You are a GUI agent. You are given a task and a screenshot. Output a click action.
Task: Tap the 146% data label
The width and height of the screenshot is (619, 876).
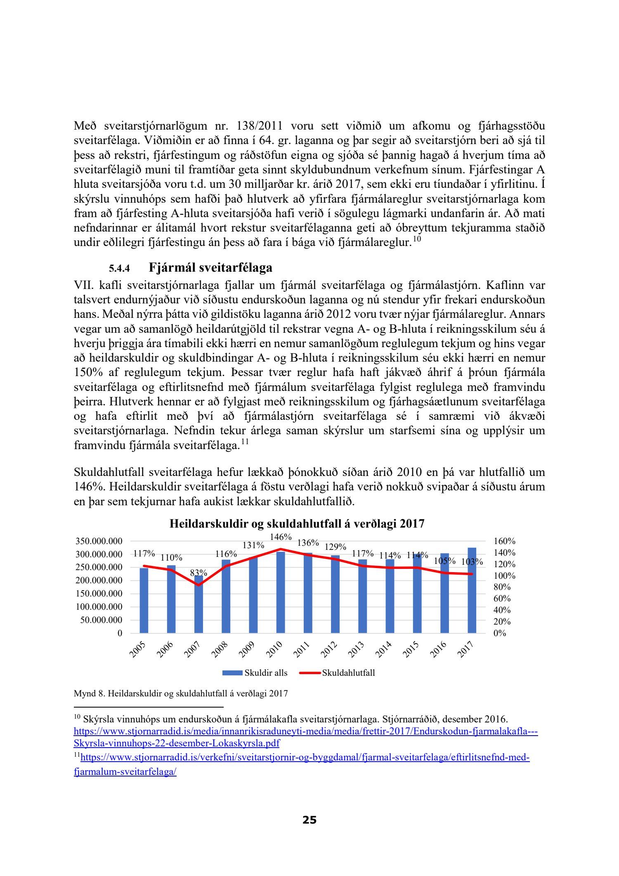pyautogui.click(x=281, y=537)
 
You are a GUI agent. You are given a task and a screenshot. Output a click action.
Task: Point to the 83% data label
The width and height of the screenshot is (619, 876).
pyautogui.click(x=198, y=573)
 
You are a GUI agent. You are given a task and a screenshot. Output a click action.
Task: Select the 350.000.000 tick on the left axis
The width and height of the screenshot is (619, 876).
pyautogui.click(x=99, y=541)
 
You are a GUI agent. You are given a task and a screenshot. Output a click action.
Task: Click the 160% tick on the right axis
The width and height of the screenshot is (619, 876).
pyautogui.click(x=504, y=541)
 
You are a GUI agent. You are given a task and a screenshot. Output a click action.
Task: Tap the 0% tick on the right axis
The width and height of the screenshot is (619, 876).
pyautogui.click(x=499, y=633)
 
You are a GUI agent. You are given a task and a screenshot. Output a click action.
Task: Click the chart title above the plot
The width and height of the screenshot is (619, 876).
pyautogui.click(x=297, y=524)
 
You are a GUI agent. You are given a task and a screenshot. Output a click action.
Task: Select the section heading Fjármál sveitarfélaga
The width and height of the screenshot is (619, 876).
pyautogui.click(x=210, y=268)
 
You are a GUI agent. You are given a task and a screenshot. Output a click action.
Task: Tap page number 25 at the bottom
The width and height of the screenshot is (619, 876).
pyautogui.click(x=309, y=820)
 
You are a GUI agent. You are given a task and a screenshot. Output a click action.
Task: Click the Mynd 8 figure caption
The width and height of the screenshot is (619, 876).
pyautogui.click(x=181, y=694)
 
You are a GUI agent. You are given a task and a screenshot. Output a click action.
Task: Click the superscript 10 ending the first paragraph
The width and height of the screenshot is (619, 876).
pyautogui.click(x=416, y=239)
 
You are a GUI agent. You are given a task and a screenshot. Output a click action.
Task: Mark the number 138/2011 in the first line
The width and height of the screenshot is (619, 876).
pyautogui.click(x=258, y=126)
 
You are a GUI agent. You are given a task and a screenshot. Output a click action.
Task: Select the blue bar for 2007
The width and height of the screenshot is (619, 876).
pyautogui.click(x=198, y=605)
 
